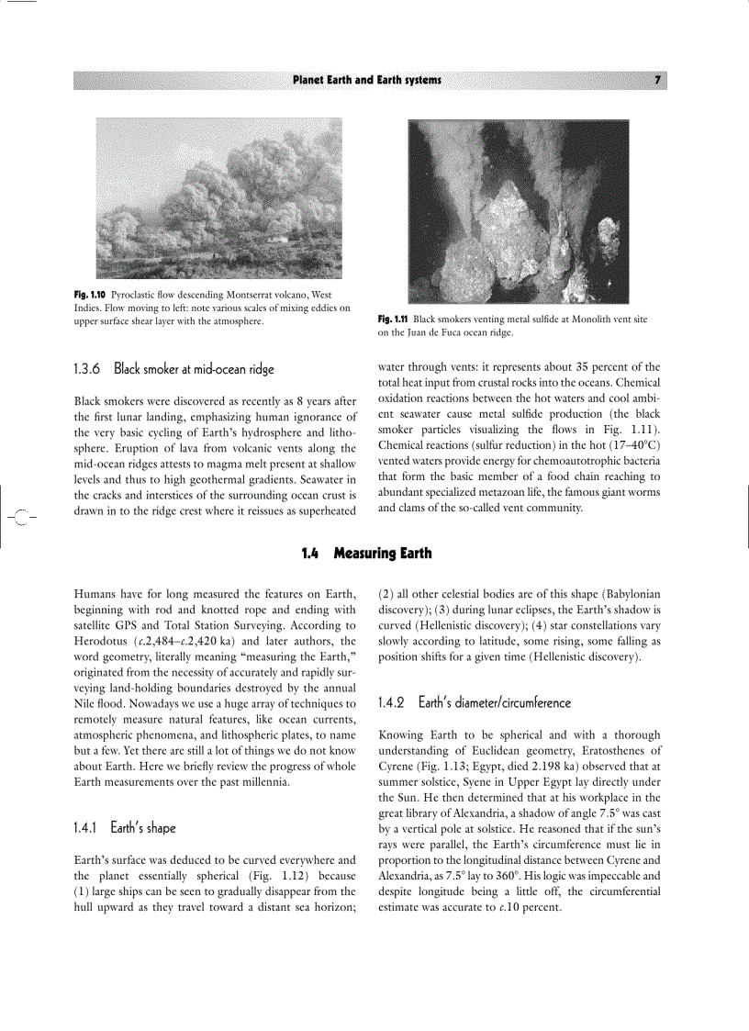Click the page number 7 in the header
coord(657,80)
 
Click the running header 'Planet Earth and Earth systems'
coord(366,80)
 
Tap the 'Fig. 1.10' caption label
coord(90,294)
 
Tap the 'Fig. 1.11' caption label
coord(393,319)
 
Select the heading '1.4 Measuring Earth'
coord(366,553)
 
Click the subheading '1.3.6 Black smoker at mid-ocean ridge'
coord(173,369)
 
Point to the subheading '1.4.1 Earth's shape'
coord(124,827)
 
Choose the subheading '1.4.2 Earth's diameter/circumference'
coord(474,702)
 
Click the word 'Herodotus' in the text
coord(101,641)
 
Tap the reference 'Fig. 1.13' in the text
coord(440,767)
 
